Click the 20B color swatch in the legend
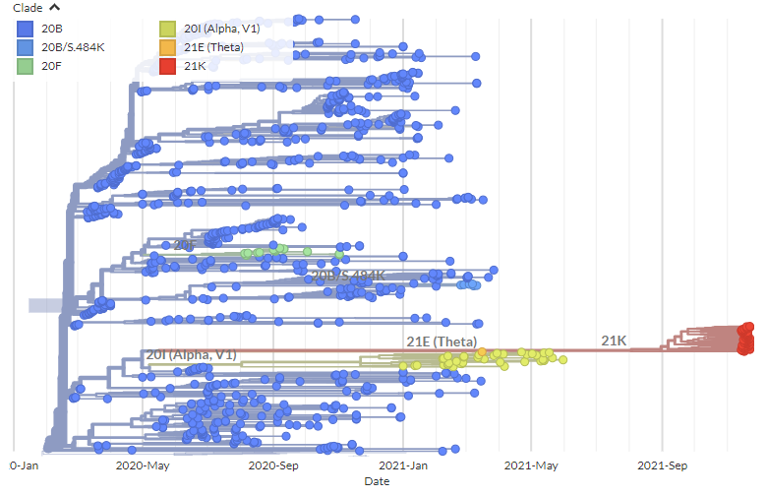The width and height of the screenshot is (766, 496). [x=26, y=29]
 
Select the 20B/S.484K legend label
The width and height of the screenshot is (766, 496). [x=79, y=47]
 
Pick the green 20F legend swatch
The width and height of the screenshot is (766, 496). [x=26, y=66]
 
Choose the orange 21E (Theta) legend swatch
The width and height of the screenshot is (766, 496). [x=168, y=47]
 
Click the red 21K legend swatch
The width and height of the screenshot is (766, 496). [x=168, y=66]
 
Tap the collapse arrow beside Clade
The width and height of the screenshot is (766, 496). [x=55, y=8]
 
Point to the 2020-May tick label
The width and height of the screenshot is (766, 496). [x=144, y=465]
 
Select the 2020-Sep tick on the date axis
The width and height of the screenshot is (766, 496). [x=273, y=465]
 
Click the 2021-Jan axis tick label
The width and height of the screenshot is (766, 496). [x=403, y=465]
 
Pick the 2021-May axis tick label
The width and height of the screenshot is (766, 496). [x=532, y=465]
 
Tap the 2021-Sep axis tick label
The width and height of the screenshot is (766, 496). [x=662, y=465]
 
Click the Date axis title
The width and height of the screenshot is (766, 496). [x=377, y=482]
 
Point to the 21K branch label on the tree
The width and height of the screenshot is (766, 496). [x=616, y=341]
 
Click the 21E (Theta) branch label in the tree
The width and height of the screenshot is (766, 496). [x=442, y=341]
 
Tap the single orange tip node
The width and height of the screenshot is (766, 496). [x=482, y=351]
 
